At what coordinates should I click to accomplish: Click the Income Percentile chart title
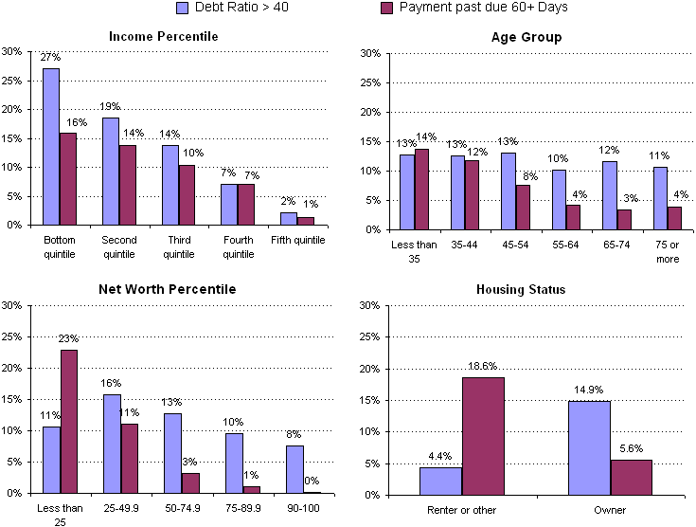coord(163,36)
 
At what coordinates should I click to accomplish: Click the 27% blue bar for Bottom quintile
coord(50,147)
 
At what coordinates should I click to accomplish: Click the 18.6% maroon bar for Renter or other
coord(483,436)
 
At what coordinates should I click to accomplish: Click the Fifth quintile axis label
coord(296,240)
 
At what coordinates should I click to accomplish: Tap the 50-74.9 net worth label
coord(179,508)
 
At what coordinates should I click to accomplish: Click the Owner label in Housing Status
coord(610,510)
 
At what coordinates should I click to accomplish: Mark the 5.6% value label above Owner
coord(632,451)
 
